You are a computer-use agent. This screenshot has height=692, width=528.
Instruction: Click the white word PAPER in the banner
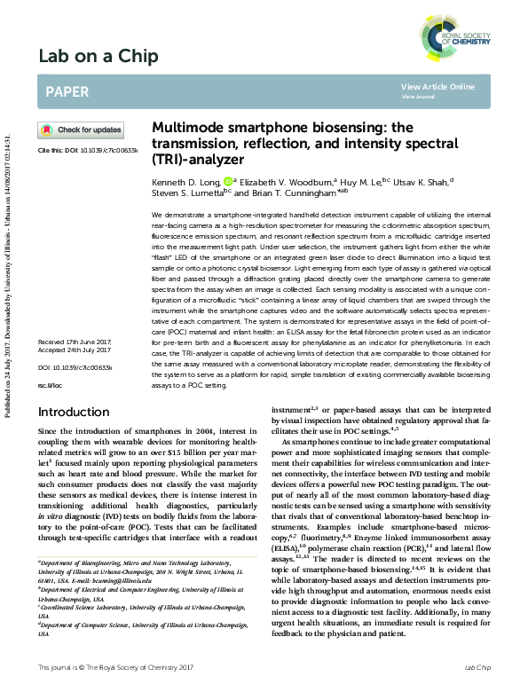pyautogui.click(x=66, y=90)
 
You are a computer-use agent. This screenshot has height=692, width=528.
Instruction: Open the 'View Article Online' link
pyautogui.click(x=437, y=86)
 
